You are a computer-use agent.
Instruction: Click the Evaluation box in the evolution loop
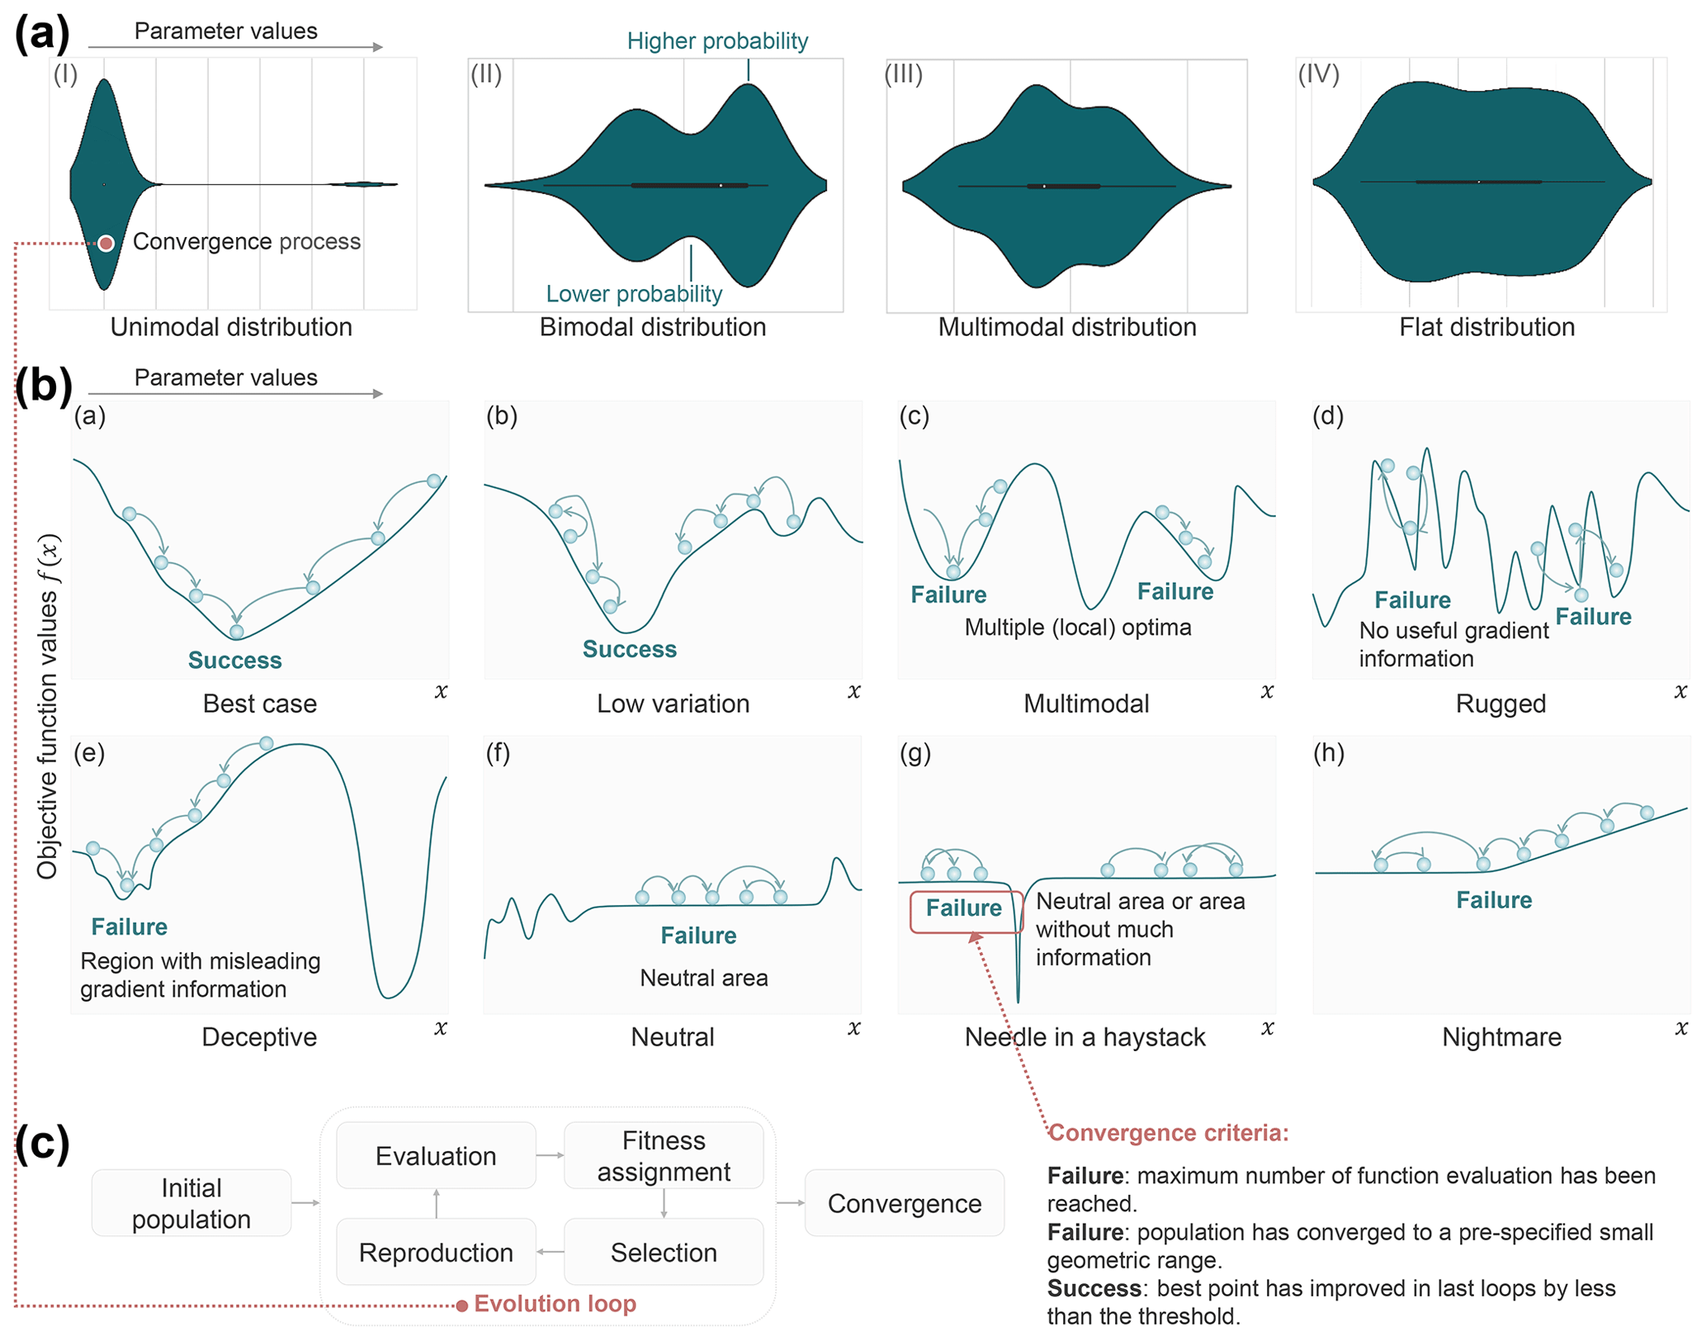coord(436,1155)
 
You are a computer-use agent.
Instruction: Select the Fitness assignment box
coord(664,1155)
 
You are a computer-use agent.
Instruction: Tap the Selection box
coord(664,1252)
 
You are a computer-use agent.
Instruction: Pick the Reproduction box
coord(436,1252)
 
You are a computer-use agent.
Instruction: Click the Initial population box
coord(191,1203)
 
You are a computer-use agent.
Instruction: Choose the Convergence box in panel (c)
coord(905,1203)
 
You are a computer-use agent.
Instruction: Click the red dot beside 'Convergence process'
coord(106,243)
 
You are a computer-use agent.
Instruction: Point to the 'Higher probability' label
coord(717,41)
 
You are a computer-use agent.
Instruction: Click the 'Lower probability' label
coord(634,294)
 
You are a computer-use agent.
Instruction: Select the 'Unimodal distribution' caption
coord(231,327)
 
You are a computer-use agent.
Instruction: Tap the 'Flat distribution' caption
coord(1486,327)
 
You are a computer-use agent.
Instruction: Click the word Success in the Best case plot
coord(234,661)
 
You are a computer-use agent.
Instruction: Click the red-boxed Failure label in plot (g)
coord(964,909)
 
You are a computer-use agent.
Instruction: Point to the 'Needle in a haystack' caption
coord(1085,1037)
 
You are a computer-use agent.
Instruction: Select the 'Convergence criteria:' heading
coord(1168,1133)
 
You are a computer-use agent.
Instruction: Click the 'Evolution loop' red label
coord(555,1304)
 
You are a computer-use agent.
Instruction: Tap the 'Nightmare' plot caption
coord(1501,1037)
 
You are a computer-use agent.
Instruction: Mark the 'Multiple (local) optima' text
coord(1078,628)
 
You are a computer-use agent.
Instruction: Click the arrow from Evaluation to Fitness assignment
coord(550,1155)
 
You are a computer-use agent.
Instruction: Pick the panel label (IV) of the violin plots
coord(1318,75)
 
